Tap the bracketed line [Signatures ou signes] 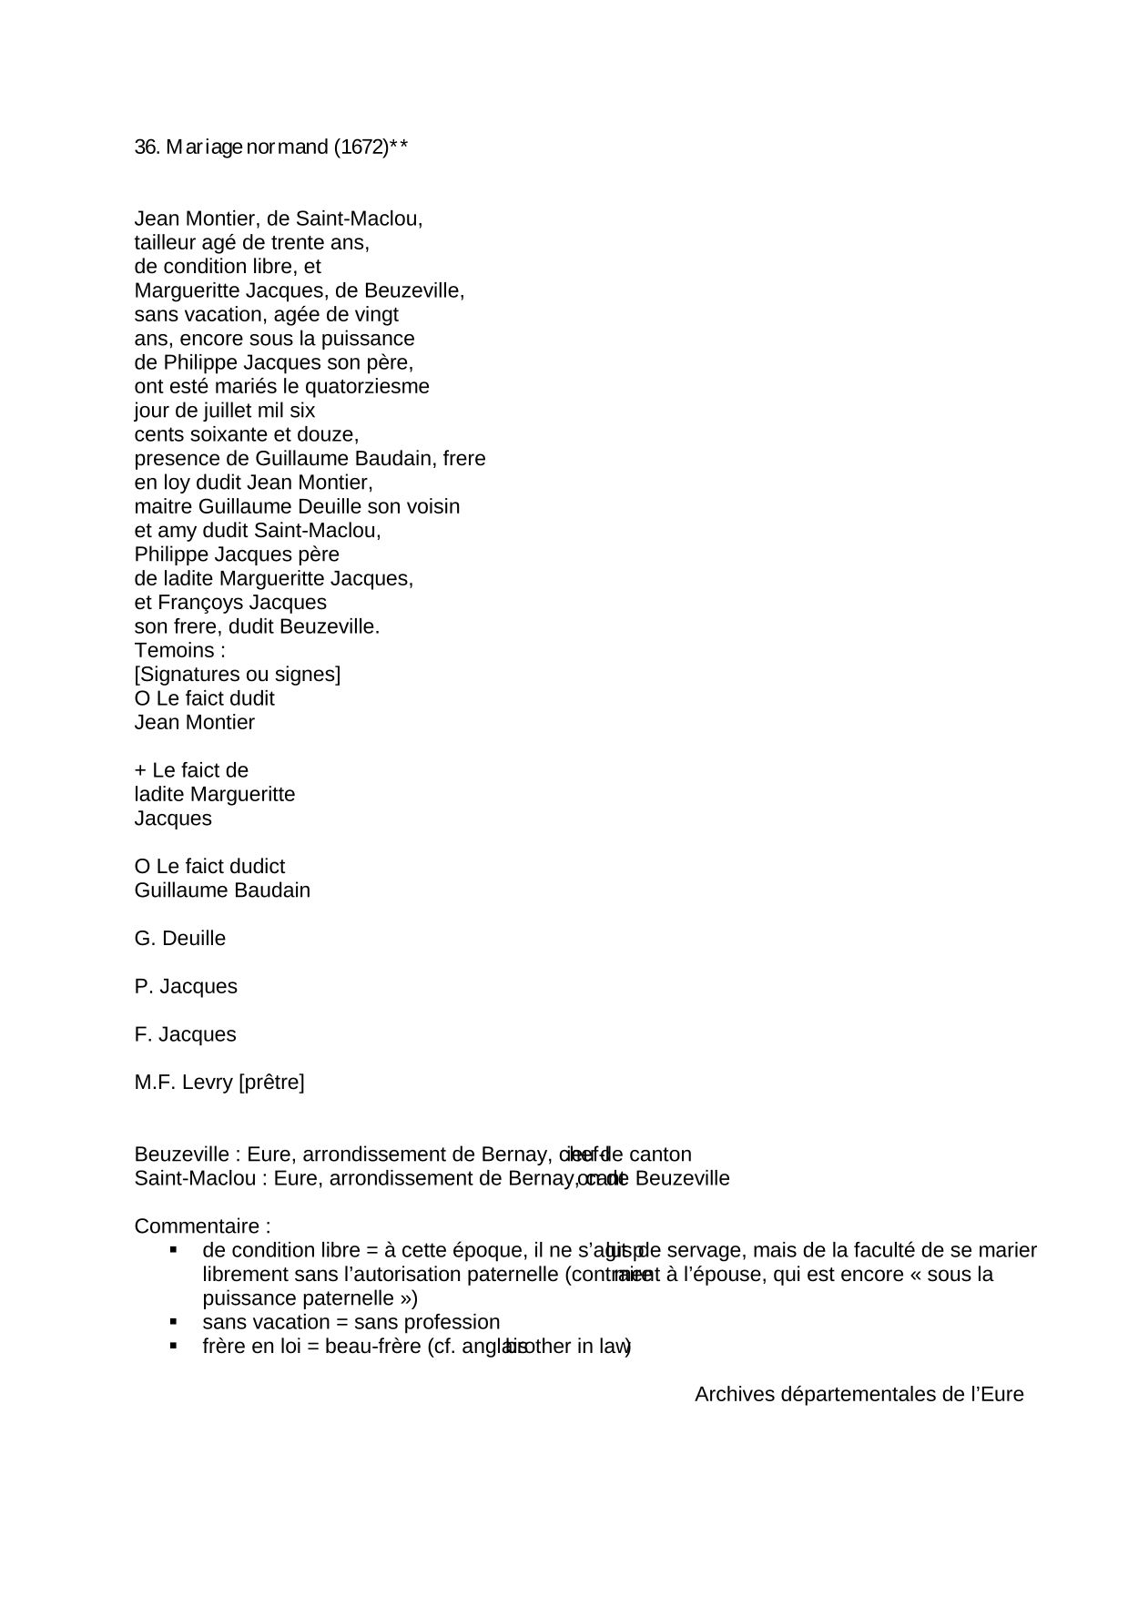click(238, 675)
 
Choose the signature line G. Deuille click(180, 939)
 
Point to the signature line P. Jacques click(186, 987)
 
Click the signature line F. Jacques click(186, 1035)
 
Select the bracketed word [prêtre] click(271, 1083)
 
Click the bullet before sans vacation click(173, 1321)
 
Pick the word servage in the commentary click(706, 1251)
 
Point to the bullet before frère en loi click(173, 1345)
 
